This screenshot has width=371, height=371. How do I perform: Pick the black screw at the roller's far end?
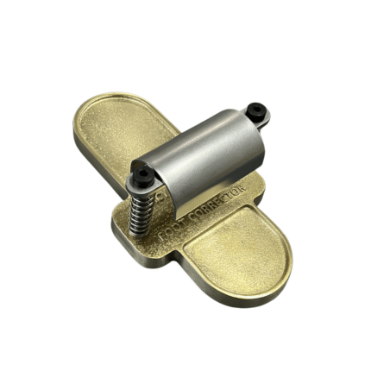coord(256,111)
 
